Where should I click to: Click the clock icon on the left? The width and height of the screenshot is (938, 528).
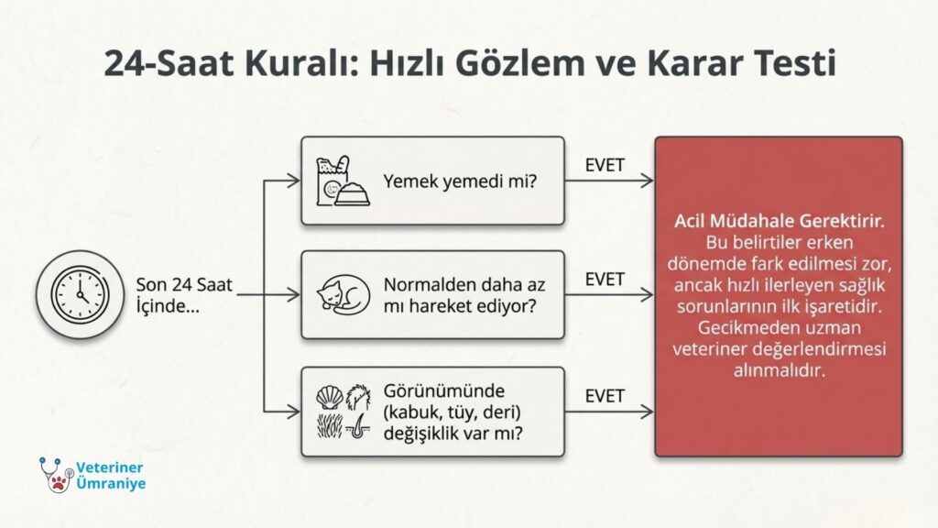coord(81,294)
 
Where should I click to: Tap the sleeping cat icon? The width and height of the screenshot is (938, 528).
coord(344,294)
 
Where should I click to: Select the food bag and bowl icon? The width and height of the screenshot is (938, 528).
coord(343,181)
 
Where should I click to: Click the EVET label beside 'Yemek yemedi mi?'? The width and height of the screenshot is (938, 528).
coord(605,165)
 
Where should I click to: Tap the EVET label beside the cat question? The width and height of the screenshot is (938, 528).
coord(605,280)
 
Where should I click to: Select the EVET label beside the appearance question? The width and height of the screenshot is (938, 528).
coord(605,396)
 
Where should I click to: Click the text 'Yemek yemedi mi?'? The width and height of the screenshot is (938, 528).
coord(460,181)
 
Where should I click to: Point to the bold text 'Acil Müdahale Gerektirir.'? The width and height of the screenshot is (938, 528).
coord(779,221)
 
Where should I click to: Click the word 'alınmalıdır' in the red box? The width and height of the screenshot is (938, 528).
coord(779,370)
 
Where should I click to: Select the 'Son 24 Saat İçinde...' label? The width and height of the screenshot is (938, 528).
coord(183,295)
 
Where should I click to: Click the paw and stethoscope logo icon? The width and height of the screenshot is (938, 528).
coord(56,475)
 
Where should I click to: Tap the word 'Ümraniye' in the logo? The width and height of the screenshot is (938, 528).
coord(111,483)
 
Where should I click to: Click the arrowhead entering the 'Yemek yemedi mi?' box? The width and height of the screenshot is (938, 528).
coord(294,181)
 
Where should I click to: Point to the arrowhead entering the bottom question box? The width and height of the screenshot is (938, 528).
coord(294,412)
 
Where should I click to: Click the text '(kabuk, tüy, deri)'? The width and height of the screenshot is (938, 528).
coord(453,412)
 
